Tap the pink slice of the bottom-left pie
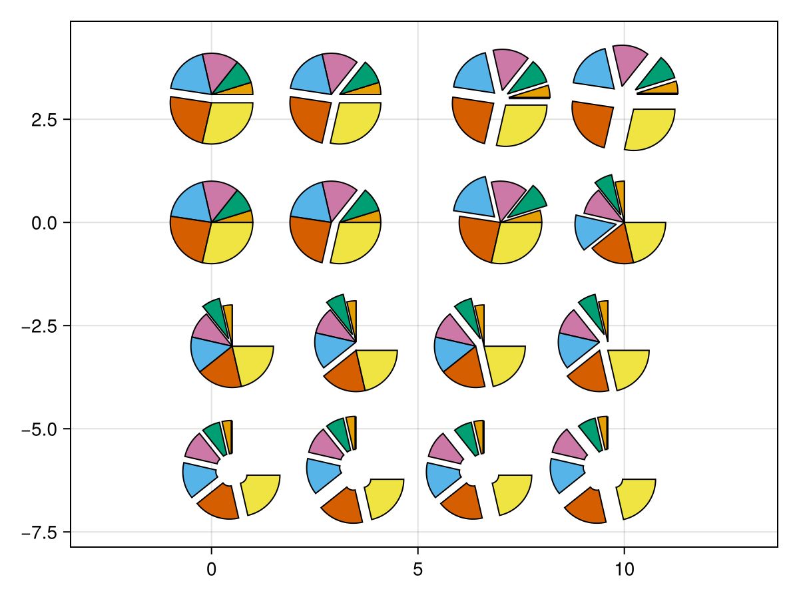click(202, 447)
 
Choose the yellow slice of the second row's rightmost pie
click(644, 240)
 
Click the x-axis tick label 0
click(211, 570)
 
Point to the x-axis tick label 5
click(417, 570)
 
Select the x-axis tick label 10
click(624, 570)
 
